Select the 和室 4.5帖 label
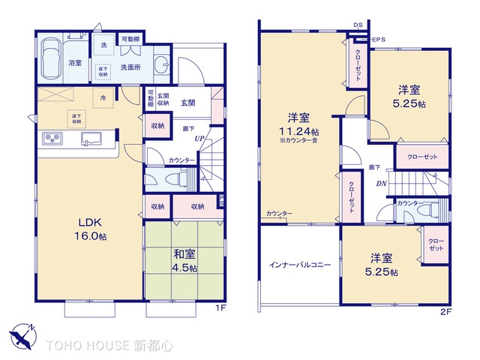pos(182,259)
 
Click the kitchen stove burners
pos(55,138)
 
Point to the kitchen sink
pos(91,137)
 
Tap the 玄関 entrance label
pos(188,103)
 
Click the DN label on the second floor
pos(382,183)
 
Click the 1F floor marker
pos(220,308)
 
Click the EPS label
pos(379,39)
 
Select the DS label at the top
pos(358,25)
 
